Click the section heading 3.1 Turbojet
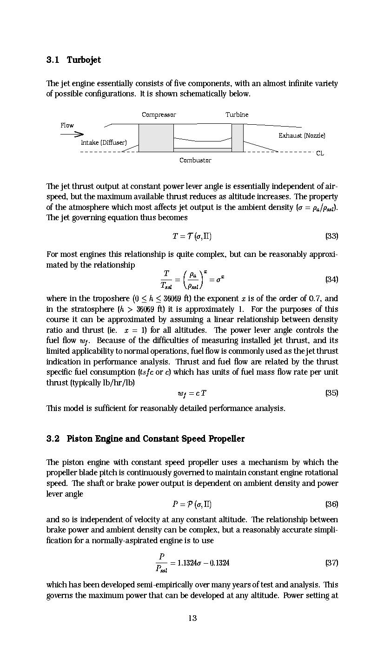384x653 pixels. click(x=73, y=60)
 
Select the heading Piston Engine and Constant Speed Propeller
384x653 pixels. click(x=155, y=439)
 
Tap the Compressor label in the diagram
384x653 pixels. click(x=159, y=115)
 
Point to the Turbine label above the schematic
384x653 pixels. click(x=237, y=114)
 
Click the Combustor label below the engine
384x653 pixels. click(x=195, y=160)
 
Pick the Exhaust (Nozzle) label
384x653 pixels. click(x=302, y=135)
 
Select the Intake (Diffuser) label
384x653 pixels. click(x=104, y=142)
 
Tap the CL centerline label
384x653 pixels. click(x=320, y=153)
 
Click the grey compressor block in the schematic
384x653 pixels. click(x=156, y=138)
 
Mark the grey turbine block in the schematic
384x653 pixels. click(x=237, y=138)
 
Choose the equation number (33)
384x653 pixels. click(x=331, y=236)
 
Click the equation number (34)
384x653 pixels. click(x=331, y=279)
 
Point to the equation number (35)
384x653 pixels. click(x=331, y=393)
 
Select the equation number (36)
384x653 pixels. click(x=331, y=504)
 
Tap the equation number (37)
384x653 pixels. click(x=331, y=563)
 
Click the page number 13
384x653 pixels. click(x=192, y=618)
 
